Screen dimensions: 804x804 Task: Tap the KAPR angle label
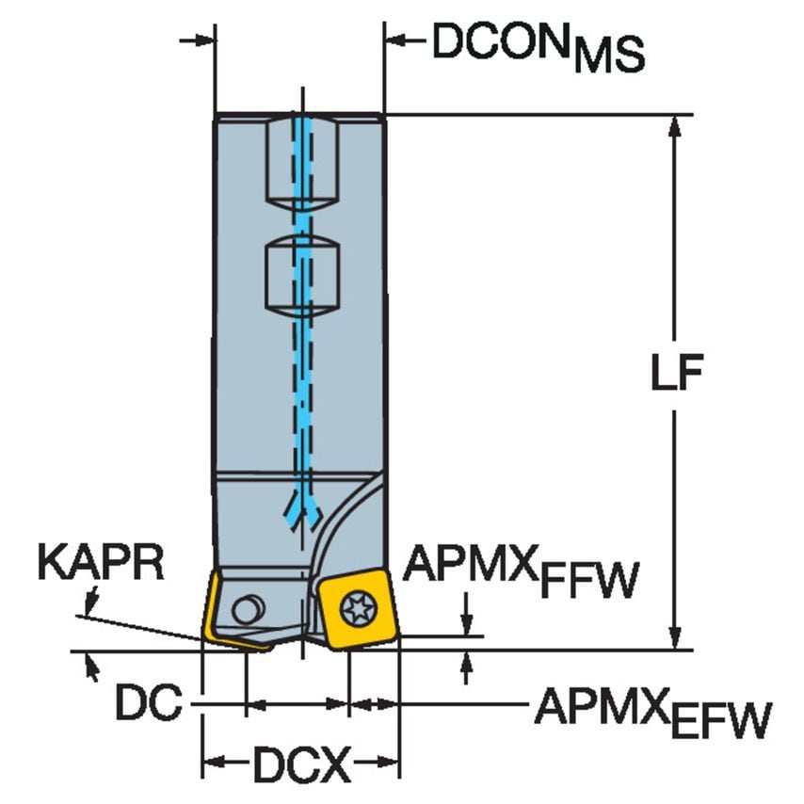(101, 565)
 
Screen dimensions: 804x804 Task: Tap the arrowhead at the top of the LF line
(675, 127)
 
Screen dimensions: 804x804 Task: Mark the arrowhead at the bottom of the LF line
(675, 637)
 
